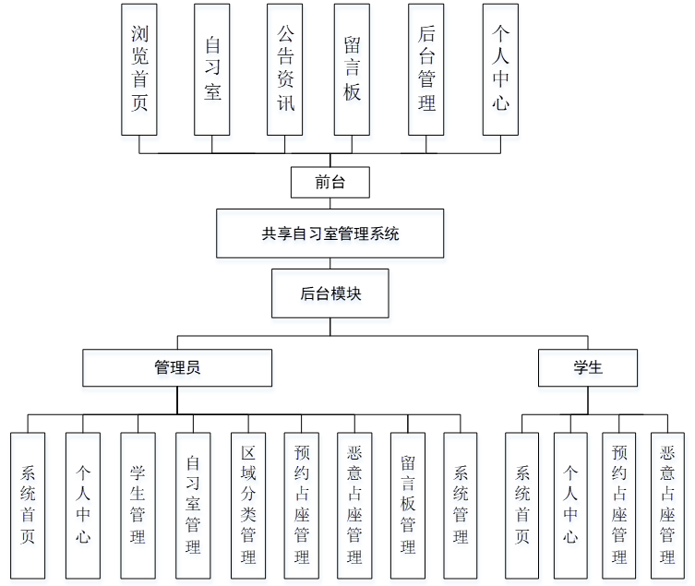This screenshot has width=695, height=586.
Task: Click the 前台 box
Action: (330, 182)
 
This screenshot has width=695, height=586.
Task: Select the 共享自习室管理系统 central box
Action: (330, 233)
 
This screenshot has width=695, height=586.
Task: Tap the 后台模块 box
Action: (330, 294)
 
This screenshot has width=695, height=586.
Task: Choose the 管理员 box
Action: (177, 367)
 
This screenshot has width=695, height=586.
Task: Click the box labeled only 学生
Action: (588, 367)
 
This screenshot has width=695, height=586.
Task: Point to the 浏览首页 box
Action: (139, 69)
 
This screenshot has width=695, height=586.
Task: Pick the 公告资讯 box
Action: (285, 69)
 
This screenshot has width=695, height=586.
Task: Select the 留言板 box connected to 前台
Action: (352, 69)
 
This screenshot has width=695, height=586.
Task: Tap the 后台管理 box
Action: (426, 69)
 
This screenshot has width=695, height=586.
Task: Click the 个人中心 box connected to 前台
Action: (499, 69)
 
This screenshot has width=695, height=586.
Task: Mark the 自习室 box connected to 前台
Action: (212, 69)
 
